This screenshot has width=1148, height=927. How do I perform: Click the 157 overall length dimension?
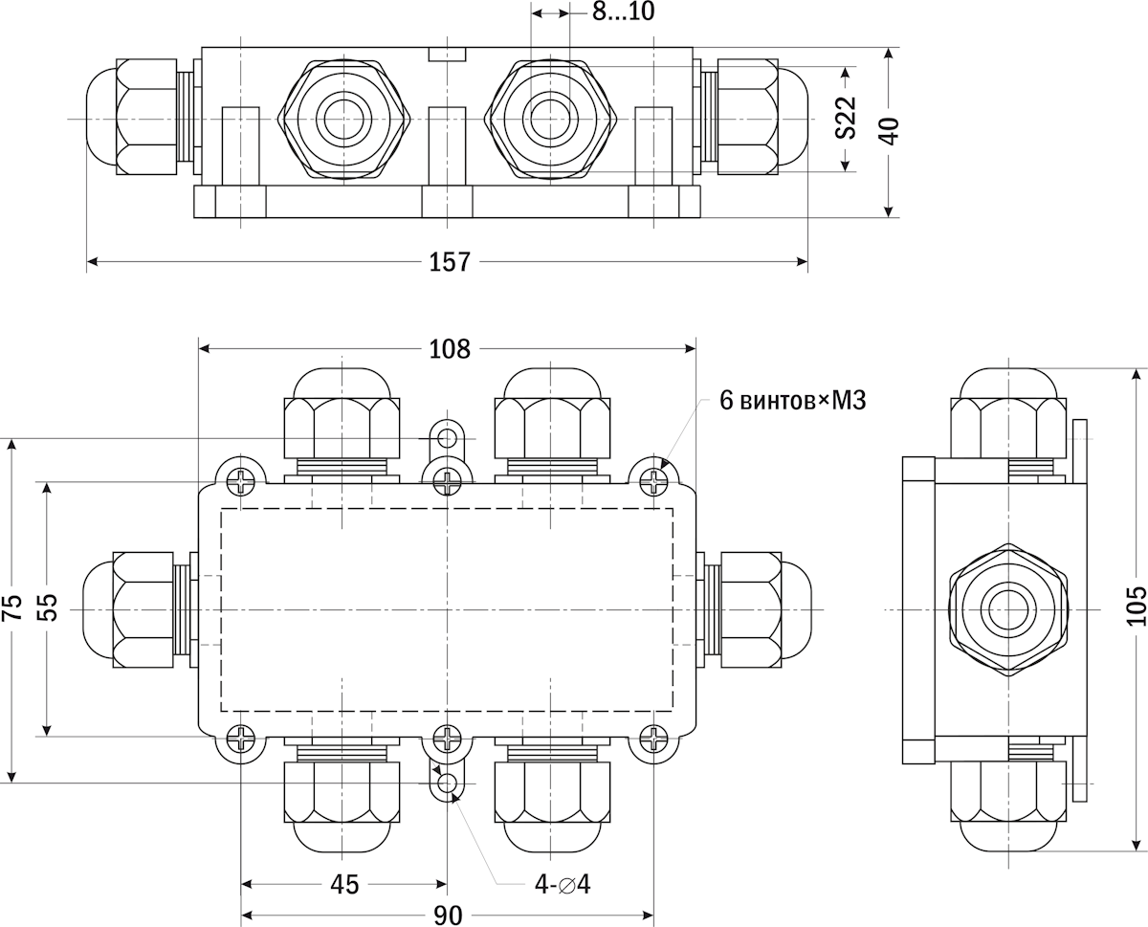[450, 262]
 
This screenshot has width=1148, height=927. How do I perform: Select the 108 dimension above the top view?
[450, 349]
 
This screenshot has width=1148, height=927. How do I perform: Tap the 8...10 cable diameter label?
[624, 11]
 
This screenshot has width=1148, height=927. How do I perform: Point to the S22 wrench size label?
[846, 118]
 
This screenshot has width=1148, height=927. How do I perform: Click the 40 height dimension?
[890, 131]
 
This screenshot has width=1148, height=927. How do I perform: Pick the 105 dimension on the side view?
[1137, 606]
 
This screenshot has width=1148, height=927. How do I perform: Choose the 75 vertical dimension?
[12, 607]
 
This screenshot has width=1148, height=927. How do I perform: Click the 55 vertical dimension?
[48, 607]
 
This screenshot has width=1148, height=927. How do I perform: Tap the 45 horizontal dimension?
[344, 884]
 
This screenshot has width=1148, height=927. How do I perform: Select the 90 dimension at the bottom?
[448, 916]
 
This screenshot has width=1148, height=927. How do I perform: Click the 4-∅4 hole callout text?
[563, 884]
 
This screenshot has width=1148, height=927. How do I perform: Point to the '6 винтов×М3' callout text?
[793, 401]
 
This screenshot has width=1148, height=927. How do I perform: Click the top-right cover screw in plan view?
[654, 481]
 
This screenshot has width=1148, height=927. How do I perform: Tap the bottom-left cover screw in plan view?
[241, 738]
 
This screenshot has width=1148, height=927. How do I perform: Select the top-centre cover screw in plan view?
[448, 481]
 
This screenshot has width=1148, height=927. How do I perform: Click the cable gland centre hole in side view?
[1008, 609]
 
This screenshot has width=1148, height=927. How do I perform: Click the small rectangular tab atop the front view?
[447, 54]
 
